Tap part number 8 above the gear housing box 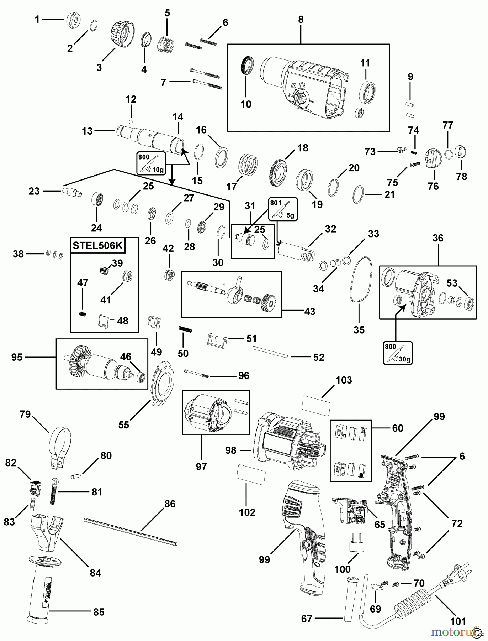coord(301,20)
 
